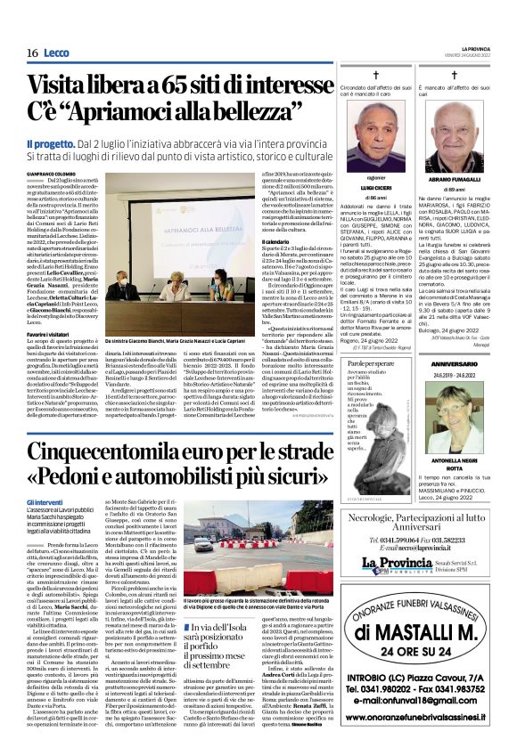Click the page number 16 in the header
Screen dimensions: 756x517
pos(31,53)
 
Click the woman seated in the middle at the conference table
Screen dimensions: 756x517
pos(184,289)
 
